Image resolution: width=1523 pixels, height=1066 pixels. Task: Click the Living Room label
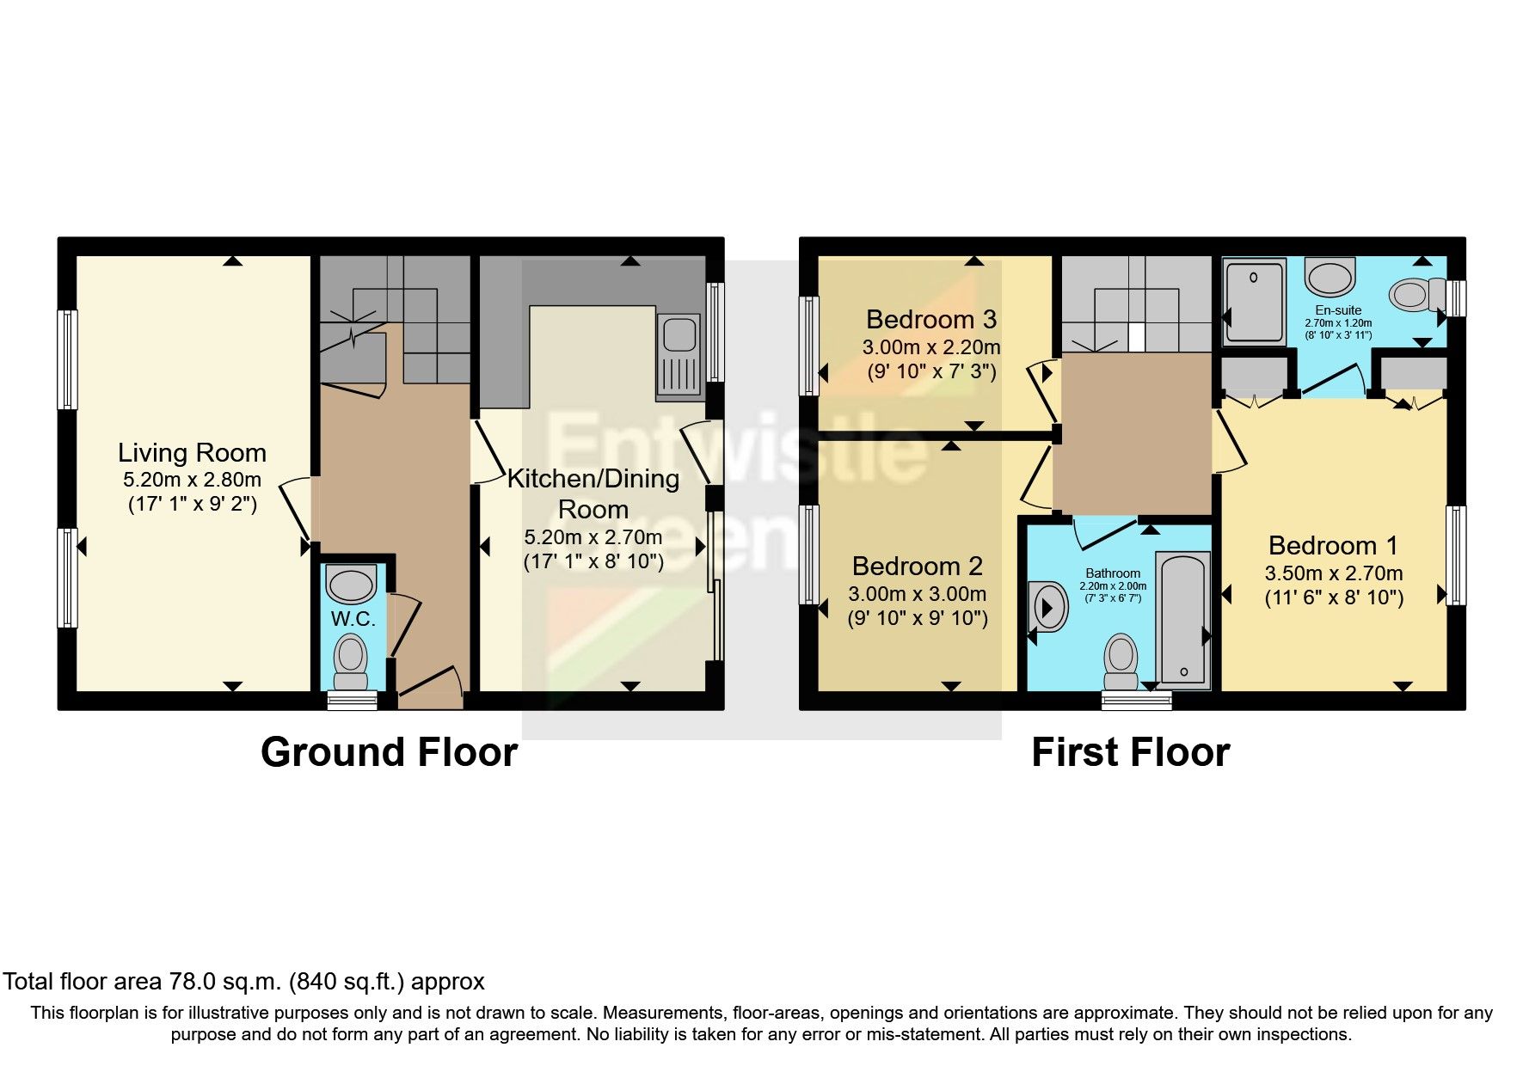pyautogui.click(x=192, y=453)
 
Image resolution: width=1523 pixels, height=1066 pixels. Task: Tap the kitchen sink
pyautogui.click(x=679, y=357)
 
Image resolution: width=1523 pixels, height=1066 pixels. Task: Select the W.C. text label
pyautogui.click(x=353, y=619)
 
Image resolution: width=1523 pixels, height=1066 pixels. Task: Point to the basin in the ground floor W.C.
pyautogui.click(x=351, y=584)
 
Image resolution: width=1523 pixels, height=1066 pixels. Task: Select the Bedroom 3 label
pyautogui.click(x=930, y=320)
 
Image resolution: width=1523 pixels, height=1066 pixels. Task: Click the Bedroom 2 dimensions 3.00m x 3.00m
pyautogui.click(x=917, y=594)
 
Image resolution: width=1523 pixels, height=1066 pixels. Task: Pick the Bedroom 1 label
pyautogui.click(x=1332, y=546)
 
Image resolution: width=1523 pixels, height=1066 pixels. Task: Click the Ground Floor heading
pyautogui.click(x=389, y=752)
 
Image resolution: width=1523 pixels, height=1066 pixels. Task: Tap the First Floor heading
pyautogui.click(x=1130, y=752)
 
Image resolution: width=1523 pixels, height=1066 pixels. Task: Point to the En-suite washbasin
pyautogui.click(x=1329, y=278)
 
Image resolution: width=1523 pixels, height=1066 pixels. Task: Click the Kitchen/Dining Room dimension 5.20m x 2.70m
pyautogui.click(x=593, y=538)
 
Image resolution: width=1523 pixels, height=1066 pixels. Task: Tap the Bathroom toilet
pyautogui.click(x=1121, y=659)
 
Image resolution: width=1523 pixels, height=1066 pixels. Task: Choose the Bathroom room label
pyautogui.click(x=1113, y=573)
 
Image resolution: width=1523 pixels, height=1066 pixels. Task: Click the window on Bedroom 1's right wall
pyautogui.click(x=1455, y=555)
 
